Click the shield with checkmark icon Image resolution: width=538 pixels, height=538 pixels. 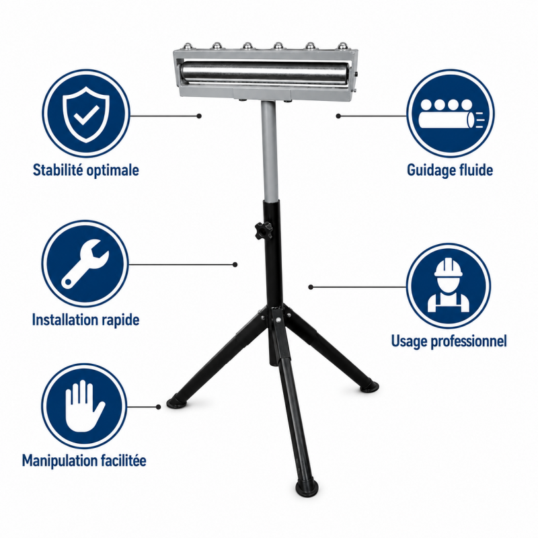[x=86, y=114]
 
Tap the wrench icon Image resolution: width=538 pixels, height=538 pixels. [x=85, y=264]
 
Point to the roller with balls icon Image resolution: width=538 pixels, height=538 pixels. [x=451, y=114]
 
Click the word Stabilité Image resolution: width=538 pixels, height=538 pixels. [x=57, y=170]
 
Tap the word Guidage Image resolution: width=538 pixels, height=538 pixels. [x=427, y=171]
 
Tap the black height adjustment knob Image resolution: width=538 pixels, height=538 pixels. [x=263, y=231]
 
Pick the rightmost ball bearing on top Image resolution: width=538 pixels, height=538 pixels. [x=342, y=46]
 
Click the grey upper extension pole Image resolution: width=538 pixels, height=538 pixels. [x=268, y=150]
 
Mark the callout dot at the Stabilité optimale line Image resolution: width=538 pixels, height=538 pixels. [x=199, y=116]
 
